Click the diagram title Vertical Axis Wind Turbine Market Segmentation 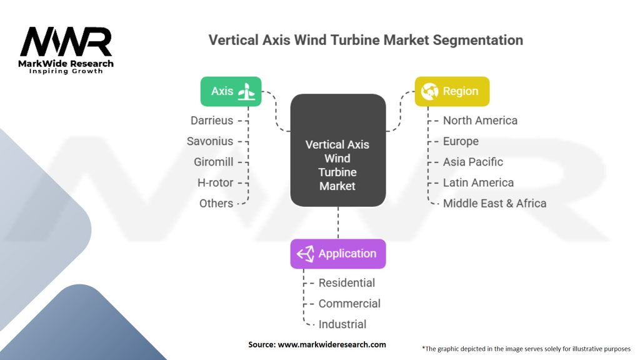tap(366, 40)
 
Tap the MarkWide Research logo tap(66, 50)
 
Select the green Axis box tap(231, 91)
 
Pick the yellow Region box tap(452, 91)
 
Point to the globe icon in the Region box tap(429, 91)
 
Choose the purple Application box tap(337, 254)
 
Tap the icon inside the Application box tap(305, 254)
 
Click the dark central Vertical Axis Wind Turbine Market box tap(337, 150)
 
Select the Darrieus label tap(212, 121)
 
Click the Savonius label tap(210, 141)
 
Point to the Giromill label tap(214, 162)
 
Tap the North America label tap(480, 121)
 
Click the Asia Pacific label tap(473, 162)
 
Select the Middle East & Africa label tap(494, 203)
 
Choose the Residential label tap(347, 283)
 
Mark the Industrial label tap(342, 324)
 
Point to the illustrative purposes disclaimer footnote tap(526, 348)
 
